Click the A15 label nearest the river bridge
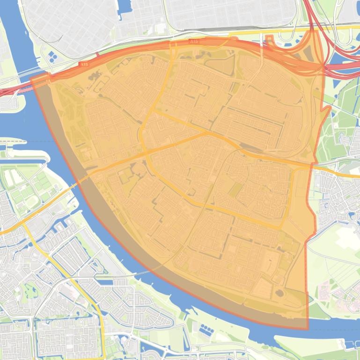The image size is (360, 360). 84,64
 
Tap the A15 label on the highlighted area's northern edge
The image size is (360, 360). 194,42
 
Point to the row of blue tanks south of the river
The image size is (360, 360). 206,330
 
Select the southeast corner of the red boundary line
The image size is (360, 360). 308,329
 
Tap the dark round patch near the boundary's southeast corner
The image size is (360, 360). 280,294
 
